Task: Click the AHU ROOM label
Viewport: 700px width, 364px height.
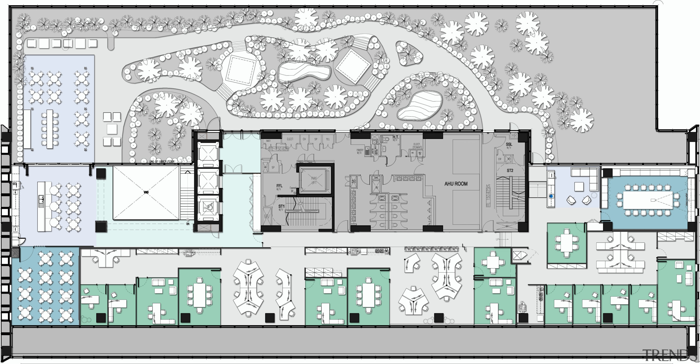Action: [456, 184]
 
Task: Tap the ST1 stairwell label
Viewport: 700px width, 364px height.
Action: [281, 206]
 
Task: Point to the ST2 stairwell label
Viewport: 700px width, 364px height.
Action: [510, 171]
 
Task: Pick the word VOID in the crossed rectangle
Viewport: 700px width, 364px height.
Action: [146, 193]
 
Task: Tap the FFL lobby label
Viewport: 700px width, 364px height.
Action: [279, 186]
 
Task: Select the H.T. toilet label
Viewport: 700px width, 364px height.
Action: [395, 137]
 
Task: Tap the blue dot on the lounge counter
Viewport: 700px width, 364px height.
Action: [551, 196]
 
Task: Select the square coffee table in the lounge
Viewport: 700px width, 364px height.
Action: [579, 187]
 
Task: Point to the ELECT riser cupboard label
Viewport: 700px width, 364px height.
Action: [290, 139]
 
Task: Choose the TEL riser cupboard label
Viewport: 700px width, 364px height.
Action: [328, 139]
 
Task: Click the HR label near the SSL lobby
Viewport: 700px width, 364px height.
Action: [514, 136]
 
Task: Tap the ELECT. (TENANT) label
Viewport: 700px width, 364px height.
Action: [417, 146]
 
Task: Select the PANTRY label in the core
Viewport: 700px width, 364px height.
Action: [360, 150]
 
